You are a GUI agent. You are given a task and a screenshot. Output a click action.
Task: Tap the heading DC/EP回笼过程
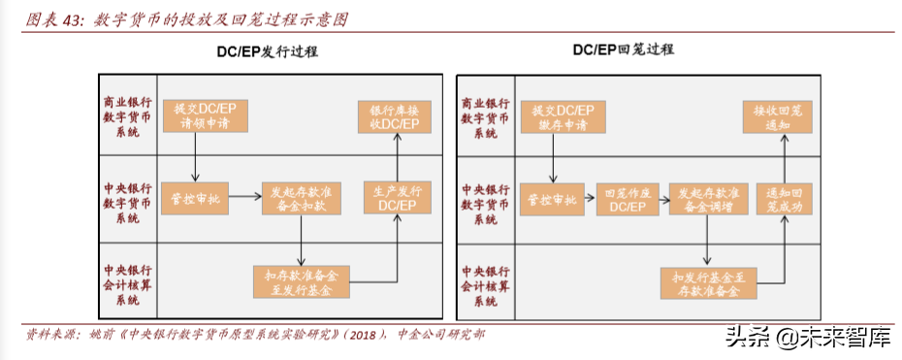(623, 49)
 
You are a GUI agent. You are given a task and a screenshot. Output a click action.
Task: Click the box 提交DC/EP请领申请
(205, 116)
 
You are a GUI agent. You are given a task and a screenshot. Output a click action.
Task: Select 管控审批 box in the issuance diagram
(195, 198)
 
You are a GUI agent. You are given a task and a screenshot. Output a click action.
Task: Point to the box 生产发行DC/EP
(398, 198)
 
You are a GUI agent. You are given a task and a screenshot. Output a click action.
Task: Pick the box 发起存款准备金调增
(708, 198)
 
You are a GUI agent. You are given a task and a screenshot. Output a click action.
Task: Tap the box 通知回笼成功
(784, 198)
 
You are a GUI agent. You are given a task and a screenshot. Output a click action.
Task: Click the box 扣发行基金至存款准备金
(708, 281)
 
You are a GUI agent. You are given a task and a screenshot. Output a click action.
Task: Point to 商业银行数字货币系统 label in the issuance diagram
(127, 116)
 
